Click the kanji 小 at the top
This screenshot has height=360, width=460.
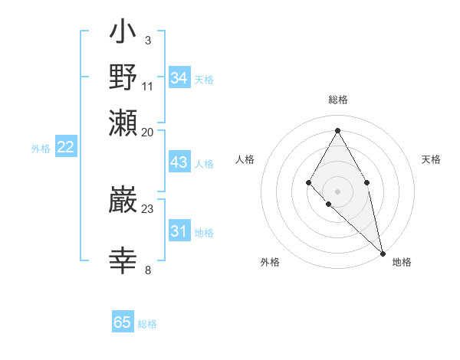(123, 33)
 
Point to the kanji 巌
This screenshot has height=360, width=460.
(123, 201)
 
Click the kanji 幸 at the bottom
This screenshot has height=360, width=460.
(123, 261)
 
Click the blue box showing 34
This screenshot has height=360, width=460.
(179, 78)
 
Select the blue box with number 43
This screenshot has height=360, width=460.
(179, 163)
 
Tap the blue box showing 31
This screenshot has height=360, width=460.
(179, 232)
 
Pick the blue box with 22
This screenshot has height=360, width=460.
(65, 148)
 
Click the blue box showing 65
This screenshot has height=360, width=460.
(123, 322)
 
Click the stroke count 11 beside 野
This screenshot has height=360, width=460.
(147, 85)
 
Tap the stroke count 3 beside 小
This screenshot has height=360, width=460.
(147, 40)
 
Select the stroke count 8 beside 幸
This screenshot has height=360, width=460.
(147, 269)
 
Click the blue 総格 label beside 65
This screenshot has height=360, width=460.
(147, 324)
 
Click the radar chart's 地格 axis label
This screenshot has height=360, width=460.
(402, 263)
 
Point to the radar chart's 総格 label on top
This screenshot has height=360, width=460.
(337, 100)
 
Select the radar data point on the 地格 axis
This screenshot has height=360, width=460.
(382, 253)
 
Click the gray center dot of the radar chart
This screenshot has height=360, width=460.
(337, 191)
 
